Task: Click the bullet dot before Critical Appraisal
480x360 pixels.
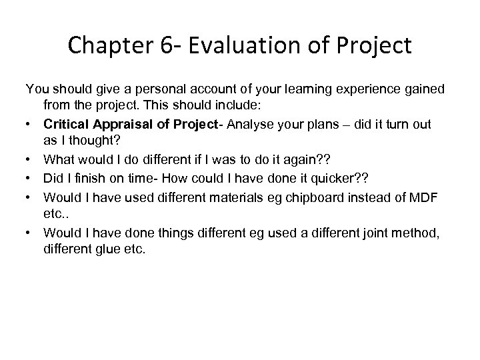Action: click(30, 123)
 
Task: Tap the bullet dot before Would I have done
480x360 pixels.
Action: click(30, 233)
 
